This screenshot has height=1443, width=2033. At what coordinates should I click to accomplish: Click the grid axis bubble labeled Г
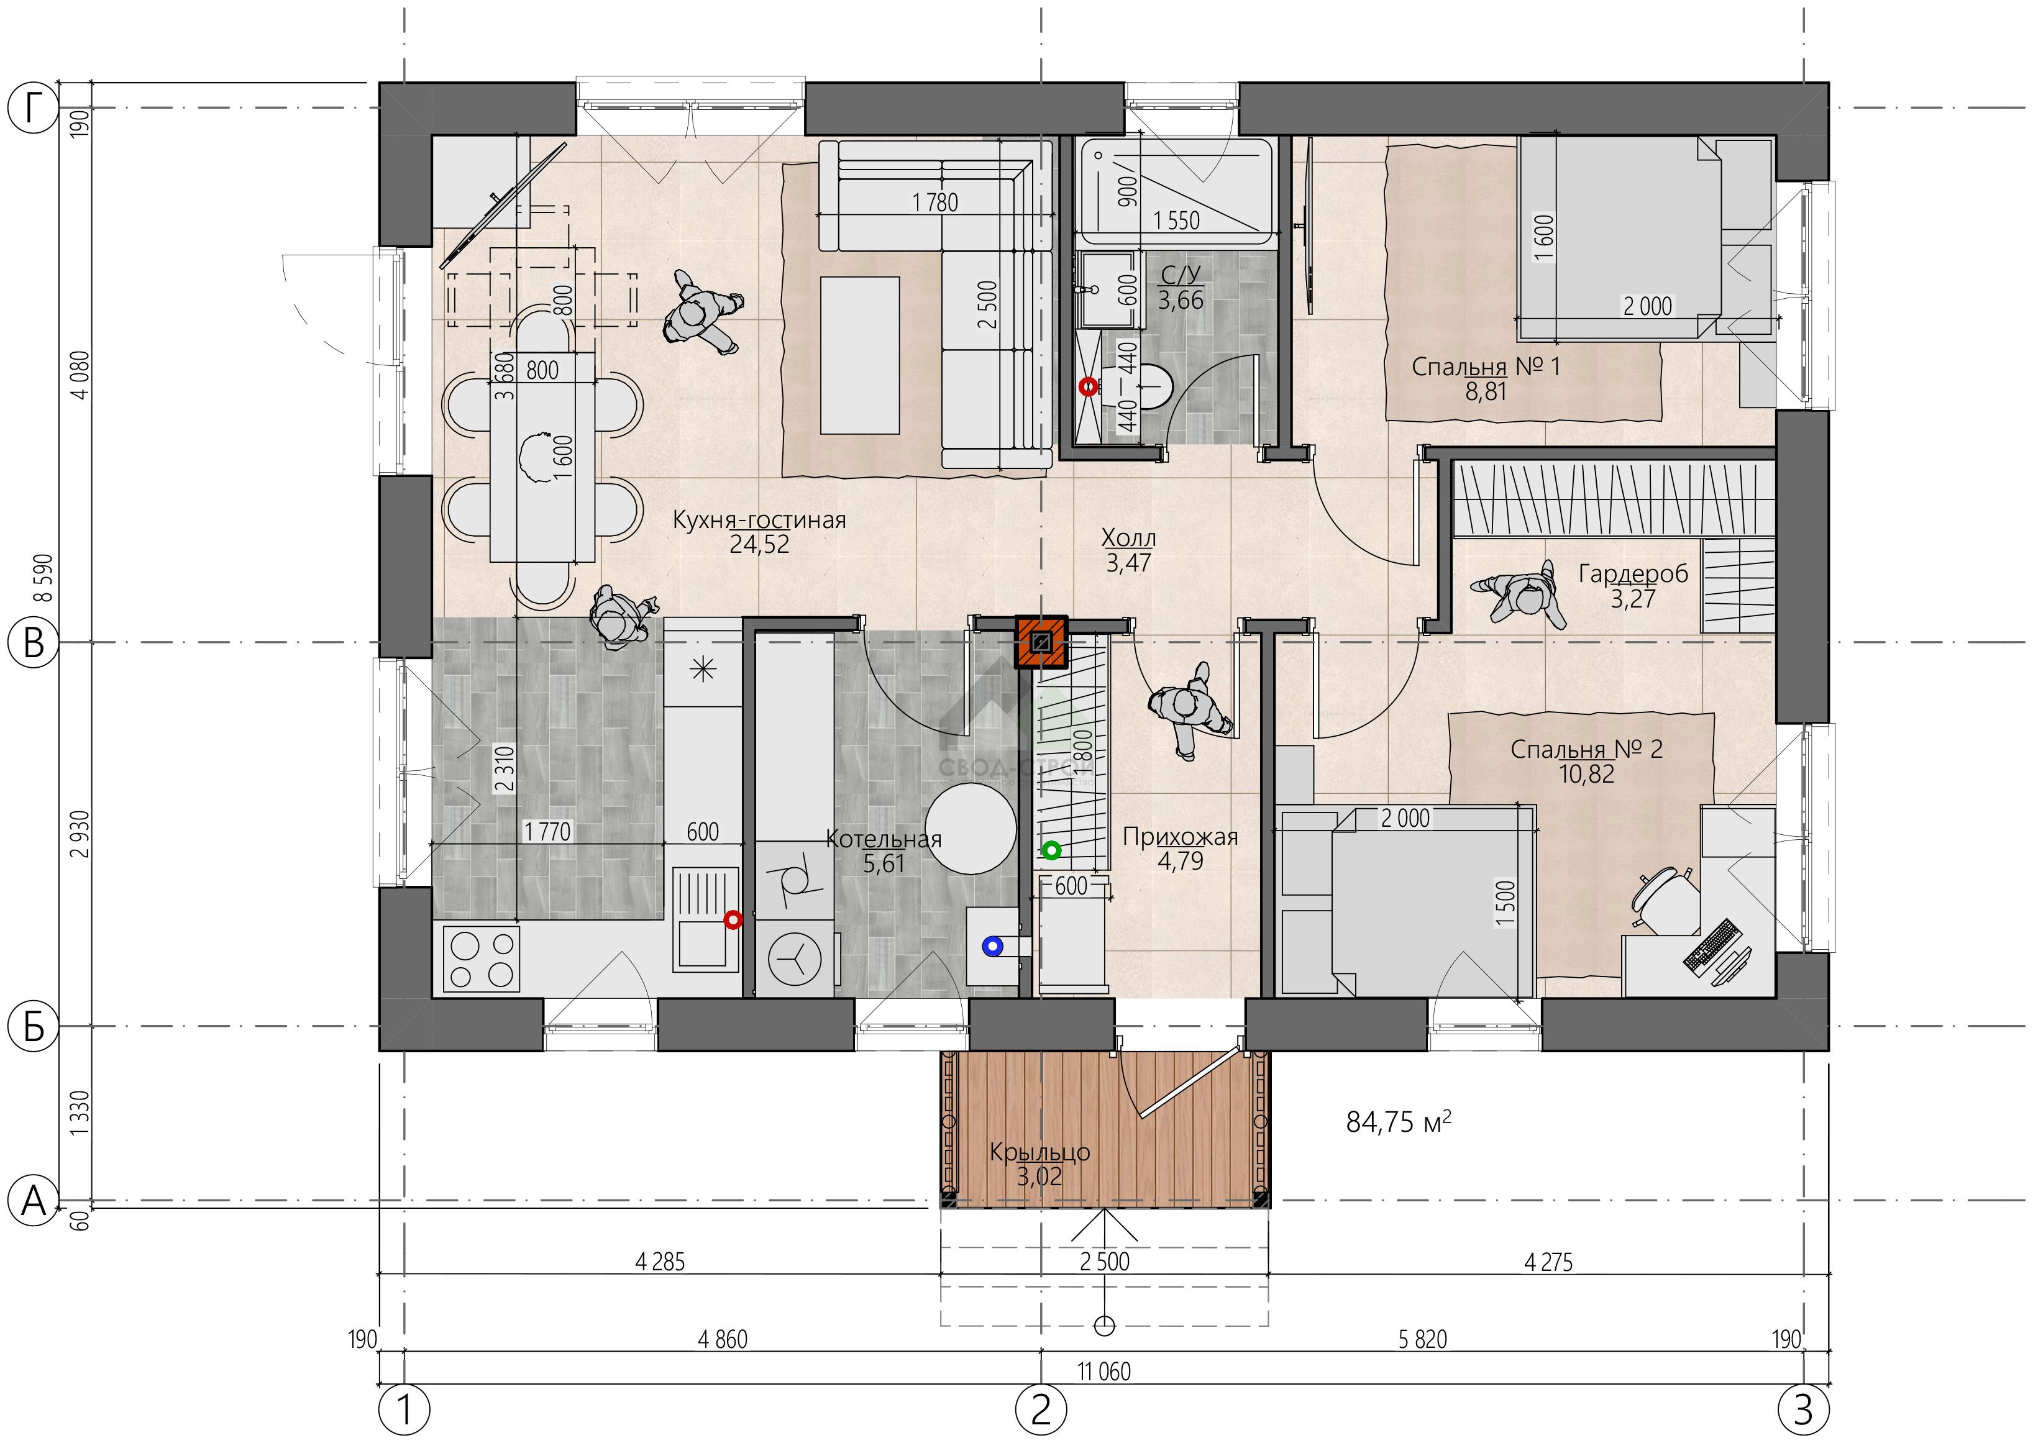(x=34, y=109)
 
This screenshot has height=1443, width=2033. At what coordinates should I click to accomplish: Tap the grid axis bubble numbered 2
(x=1041, y=1409)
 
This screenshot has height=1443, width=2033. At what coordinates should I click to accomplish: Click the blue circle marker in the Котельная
(x=992, y=947)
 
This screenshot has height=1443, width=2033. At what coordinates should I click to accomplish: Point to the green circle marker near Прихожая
(x=1051, y=850)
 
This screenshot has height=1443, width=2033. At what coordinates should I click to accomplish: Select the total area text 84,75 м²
(x=1399, y=1122)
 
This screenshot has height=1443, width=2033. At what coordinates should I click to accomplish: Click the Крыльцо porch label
(x=1039, y=1152)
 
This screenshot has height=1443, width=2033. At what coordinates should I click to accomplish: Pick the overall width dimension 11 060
(x=1105, y=1371)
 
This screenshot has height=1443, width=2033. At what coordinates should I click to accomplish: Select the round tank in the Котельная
(x=971, y=828)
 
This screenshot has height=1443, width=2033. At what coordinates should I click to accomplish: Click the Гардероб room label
(x=1633, y=574)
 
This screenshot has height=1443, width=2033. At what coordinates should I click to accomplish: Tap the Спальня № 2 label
(x=1586, y=749)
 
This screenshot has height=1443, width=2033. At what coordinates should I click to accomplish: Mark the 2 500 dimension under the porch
(x=1105, y=1262)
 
